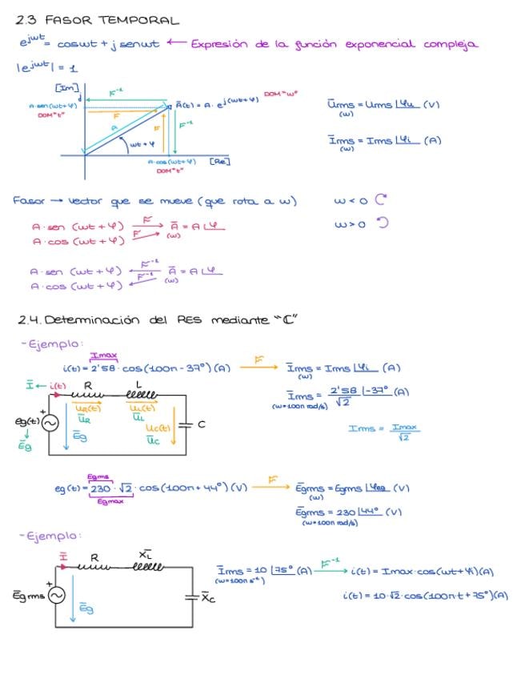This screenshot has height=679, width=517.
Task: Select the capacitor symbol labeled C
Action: click(x=186, y=425)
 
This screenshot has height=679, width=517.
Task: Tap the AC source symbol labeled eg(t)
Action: click(x=50, y=424)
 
